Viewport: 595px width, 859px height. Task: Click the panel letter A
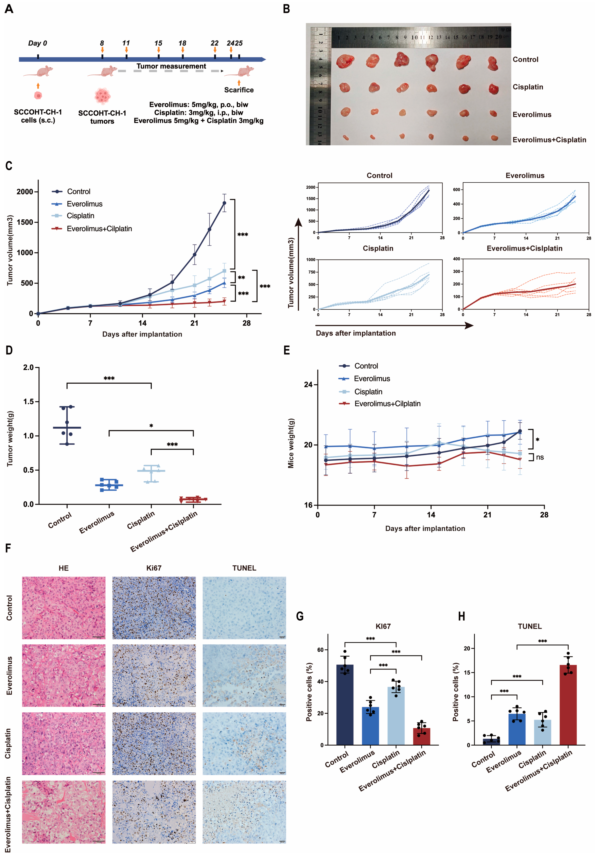[x=9, y=9]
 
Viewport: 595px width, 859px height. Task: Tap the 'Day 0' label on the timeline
[x=37, y=43]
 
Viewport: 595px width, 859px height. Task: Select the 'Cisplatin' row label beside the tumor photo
[x=527, y=87]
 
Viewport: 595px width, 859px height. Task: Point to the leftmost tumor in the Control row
[x=345, y=61]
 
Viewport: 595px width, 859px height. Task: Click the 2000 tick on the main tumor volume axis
[x=25, y=191]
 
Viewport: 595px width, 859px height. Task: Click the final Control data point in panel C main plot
[x=224, y=203]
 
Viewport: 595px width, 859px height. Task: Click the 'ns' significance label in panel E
[x=540, y=457]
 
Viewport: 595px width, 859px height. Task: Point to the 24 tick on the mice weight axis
[x=308, y=385]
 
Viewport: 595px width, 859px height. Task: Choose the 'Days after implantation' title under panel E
[x=425, y=528]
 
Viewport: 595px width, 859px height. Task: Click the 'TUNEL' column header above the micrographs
[x=244, y=568]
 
